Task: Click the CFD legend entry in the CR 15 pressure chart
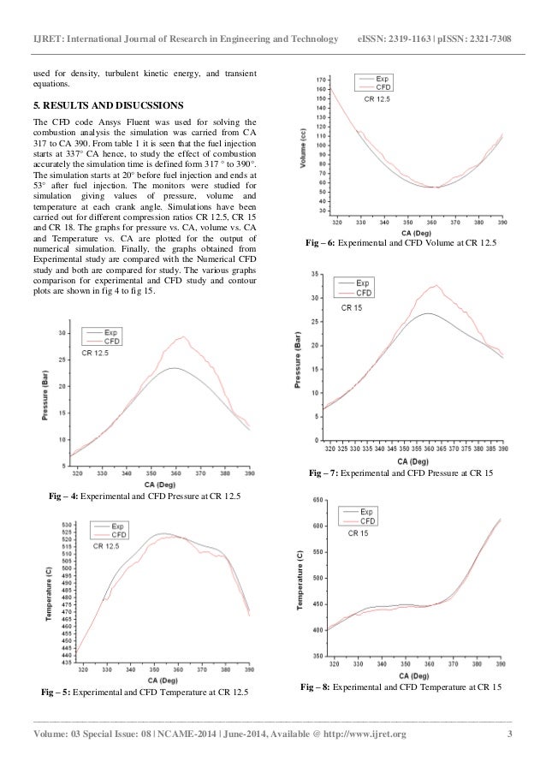pyautogui.click(x=363, y=294)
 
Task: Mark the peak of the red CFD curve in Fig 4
pyautogui.click(x=182, y=337)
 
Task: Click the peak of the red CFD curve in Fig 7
pyautogui.click(x=436, y=285)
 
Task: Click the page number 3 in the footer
pyautogui.click(x=509, y=734)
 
